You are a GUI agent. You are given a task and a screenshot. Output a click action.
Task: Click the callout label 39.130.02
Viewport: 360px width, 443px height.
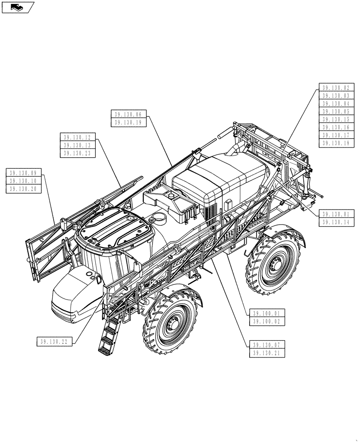(x=336, y=88)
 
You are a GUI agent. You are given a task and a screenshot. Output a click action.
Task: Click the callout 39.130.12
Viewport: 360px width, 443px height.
(x=77, y=137)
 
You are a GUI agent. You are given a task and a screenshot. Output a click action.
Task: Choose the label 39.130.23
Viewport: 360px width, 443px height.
(x=77, y=153)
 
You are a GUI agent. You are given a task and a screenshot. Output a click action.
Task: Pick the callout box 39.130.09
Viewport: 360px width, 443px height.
(x=23, y=173)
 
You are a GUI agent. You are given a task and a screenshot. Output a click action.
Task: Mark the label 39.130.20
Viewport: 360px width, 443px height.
(x=23, y=189)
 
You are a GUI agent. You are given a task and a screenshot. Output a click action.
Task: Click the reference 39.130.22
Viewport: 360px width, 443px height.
(x=54, y=341)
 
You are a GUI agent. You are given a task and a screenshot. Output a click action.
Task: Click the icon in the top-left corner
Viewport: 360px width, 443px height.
(x=18, y=7)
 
